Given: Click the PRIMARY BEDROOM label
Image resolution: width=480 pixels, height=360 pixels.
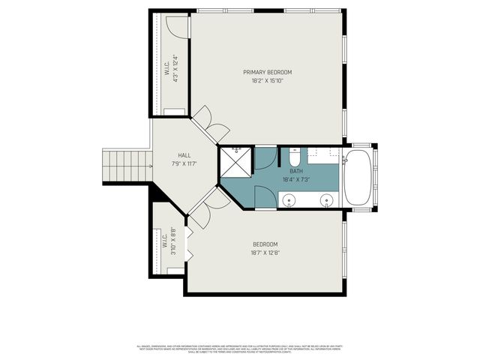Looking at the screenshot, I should click(x=268, y=72).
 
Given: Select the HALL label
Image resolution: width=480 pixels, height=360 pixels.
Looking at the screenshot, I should click(x=183, y=155).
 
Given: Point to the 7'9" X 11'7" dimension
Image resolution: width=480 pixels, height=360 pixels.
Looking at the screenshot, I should click(x=183, y=163).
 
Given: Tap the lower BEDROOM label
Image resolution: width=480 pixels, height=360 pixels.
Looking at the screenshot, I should click(x=265, y=244).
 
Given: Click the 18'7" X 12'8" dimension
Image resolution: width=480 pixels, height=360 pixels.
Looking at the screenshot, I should click(x=265, y=253).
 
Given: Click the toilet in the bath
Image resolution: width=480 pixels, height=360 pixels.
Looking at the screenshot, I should click(x=295, y=159).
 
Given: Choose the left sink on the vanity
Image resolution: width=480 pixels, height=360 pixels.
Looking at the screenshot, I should click(x=289, y=200).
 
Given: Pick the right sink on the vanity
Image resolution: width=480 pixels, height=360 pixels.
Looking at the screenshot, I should click(x=327, y=200).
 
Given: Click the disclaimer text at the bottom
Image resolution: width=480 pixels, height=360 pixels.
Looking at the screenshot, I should click(x=240, y=349).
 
